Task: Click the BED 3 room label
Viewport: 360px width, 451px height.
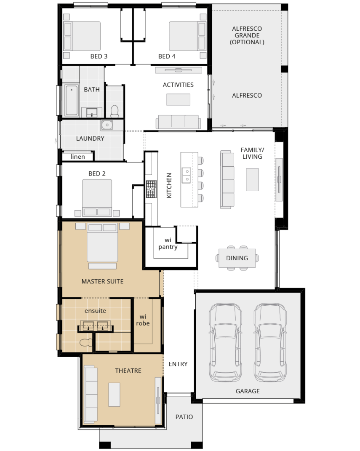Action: (x=99, y=56)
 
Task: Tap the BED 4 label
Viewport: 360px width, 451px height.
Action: (x=167, y=56)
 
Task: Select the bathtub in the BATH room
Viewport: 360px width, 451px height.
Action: (x=71, y=100)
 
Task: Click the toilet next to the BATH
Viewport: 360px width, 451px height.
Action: (x=115, y=111)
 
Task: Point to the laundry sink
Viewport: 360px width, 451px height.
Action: (x=107, y=125)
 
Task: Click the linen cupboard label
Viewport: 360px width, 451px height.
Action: (x=77, y=157)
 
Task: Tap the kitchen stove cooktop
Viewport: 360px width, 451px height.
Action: (x=151, y=189)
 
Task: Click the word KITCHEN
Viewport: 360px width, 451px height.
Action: (x=169, y=185)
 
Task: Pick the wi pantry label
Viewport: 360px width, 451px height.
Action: (x=168, y=243)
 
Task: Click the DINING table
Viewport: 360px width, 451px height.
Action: (x=237, y=258)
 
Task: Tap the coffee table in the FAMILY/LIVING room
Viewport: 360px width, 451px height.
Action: (x=252, y=180)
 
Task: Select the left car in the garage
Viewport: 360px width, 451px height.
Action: (x=225, y=342)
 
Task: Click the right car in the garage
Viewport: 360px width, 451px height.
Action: (x=270, y=342)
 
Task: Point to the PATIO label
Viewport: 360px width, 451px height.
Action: (x=184, y=417)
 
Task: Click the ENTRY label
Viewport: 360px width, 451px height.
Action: (x=178, y=364)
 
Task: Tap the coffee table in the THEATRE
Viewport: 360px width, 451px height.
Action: (x=114, y=395)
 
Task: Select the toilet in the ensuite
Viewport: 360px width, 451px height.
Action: (x=86, y=342)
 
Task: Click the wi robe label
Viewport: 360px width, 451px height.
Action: (x=143, y=320)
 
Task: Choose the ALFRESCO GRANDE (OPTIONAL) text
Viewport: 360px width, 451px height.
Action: (x=247, y=35)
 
